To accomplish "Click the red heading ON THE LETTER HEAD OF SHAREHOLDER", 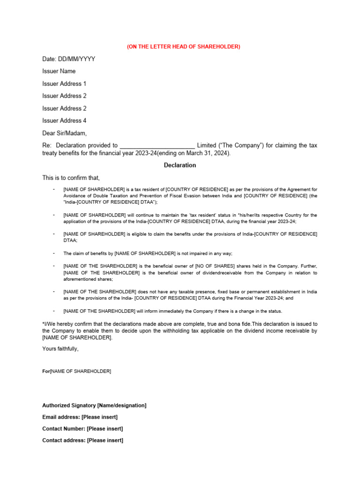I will pyautogui.click(x=183, y=46).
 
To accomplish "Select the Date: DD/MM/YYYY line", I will pyautogui.click(x=68, y=59).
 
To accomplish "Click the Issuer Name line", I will pyautogui.click(x=59, y=71).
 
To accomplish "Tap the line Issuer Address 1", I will pyautogui.click(x=64, y=83).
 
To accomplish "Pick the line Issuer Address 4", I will pyautogui.click(x=64, y=120).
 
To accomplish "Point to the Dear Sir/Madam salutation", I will pyautogui.click(x=64, y=133).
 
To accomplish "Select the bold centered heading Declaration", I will pyautogui.click(x=180, y=165).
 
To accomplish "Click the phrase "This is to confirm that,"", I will pyautogui.click(x=71, y=178).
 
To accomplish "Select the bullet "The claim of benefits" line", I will pyautogui.click(x=148, y=254).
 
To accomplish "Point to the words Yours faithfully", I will pyautogui.click(x=60, y=349).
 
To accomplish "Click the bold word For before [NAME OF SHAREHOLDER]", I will pyautogui.click(x=46, y=371).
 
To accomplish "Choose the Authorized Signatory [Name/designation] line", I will pyautogui.click(x=94, y=405).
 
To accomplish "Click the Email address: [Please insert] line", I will pyautogui.click(x=80, y=417).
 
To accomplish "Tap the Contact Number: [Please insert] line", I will pyautogui.click(x=82, y=428).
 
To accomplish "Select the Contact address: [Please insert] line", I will pyautogui.click(x=82, y=440).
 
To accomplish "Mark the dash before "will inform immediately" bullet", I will pyautogui.click(x=54, y=311).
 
